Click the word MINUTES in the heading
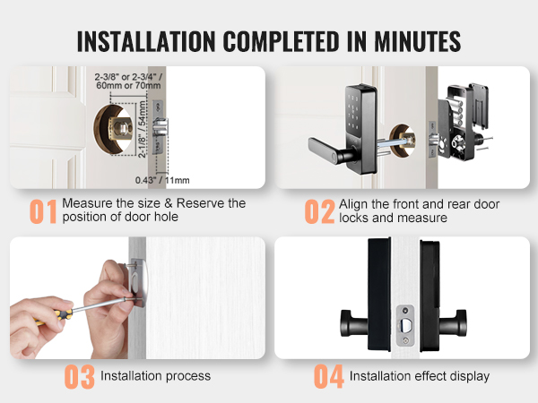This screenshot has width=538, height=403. pos(417,41)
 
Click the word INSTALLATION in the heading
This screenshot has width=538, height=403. pos(146,41)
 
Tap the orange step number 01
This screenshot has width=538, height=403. pos(43,211)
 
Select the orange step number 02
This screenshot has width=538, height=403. pos(319,211)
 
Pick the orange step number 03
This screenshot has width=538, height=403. pos(80,377)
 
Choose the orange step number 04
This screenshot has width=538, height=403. pos(329,377)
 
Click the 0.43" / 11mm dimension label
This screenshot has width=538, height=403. pos(162,180)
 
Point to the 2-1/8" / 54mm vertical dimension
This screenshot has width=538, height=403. pos(142,129)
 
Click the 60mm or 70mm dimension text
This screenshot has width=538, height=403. pos(128,85)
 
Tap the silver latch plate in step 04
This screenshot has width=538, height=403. pos(405,326)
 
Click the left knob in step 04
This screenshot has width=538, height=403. pos(354,322)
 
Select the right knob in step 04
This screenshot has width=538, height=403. pos(453,322)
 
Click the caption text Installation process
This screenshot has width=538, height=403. pos(155,376)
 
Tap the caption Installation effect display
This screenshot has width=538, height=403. pos(420,376)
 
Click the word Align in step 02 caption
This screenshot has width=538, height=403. pos(353,204)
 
